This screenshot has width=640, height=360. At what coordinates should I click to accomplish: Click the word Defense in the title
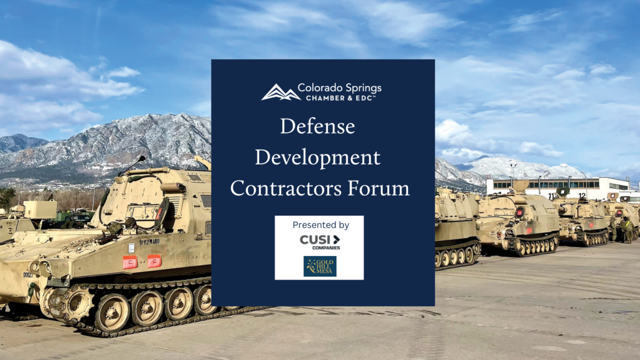[317, 127]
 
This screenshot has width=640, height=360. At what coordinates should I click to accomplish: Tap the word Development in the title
[317, 158]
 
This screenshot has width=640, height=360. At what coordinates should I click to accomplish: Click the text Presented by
[321, 225]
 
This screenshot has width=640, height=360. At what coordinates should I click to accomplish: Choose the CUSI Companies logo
[319, 242]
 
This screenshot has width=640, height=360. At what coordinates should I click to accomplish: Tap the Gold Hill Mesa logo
[319, 266]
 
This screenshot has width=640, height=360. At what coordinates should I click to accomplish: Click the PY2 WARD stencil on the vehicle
[149, 242]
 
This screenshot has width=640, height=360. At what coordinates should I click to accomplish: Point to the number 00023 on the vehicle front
[28, 274]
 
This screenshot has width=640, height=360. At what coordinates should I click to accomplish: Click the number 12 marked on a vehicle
[582, 195]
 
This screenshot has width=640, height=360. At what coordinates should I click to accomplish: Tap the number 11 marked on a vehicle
[552, 196]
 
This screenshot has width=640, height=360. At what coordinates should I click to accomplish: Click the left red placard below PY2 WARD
[129, 262]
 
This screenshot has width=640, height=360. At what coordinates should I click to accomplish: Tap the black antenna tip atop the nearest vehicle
[142, 159]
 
